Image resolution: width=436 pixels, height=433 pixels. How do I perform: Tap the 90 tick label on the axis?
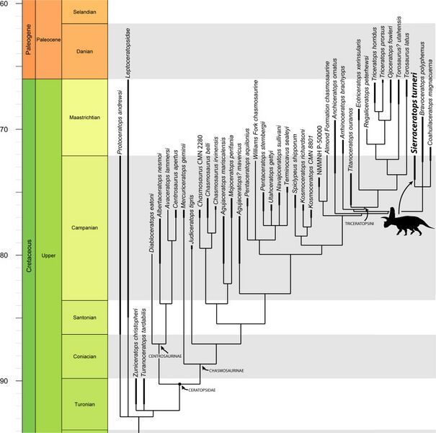tap(8, 381)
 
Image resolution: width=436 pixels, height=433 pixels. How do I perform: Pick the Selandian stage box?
tap(84, 13)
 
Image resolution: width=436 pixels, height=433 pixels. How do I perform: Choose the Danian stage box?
tap(84, 51)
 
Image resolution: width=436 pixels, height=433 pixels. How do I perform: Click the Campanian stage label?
tap(84, 227)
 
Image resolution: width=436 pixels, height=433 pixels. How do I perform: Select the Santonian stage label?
tap(84, 317)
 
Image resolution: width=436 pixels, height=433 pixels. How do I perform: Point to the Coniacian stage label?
tap(84, 356)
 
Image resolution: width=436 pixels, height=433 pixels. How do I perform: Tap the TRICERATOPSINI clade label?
tap(354, 224)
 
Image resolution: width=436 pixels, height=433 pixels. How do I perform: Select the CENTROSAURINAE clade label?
tap(164, 356)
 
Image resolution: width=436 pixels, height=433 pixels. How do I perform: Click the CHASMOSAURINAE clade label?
tap(226, 370)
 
